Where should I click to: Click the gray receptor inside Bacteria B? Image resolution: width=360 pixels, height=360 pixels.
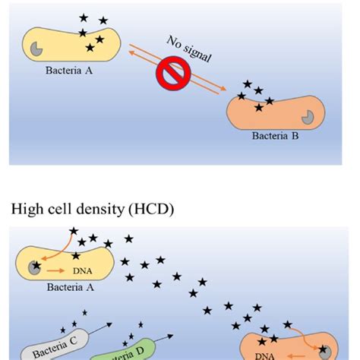click(307, 117)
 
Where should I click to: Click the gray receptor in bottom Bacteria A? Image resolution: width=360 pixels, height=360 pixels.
click(34, 267)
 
